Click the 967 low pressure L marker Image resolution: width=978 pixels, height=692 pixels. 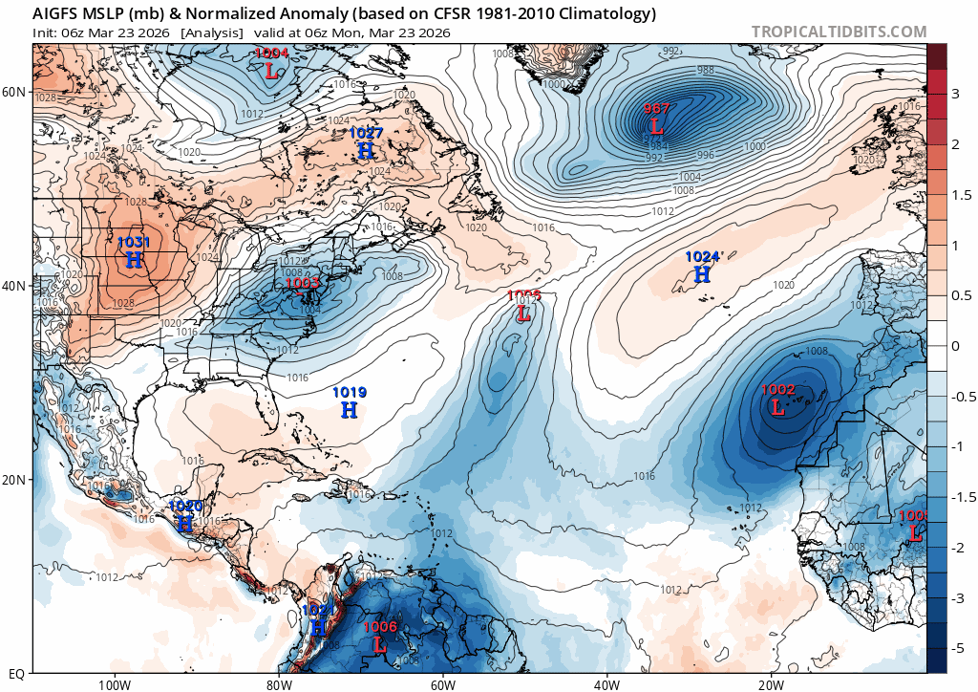tap(656, 125)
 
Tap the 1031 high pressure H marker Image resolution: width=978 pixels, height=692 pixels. tap(134, 259)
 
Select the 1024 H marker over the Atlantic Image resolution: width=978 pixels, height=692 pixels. tap(702, 274)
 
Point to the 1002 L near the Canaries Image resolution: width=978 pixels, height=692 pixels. tap(777, 407)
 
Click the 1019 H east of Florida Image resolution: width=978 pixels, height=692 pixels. tap(350, 409)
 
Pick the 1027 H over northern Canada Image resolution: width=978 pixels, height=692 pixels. tap(366, 150)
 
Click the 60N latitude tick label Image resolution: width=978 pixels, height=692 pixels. tap(14, 92)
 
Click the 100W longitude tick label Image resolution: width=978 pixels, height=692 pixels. tap(114, 684)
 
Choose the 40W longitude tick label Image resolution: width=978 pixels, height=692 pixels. tap(606, 684)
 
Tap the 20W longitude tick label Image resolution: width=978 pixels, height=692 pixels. tap(771, 684)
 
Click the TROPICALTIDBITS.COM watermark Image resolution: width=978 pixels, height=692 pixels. tap(838, 32)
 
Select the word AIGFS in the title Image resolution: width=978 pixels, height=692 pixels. tap(58, 13)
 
